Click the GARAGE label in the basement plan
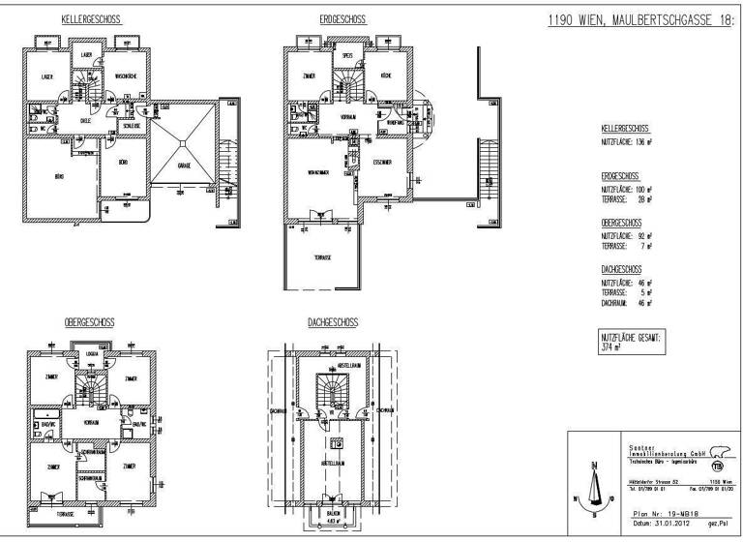point(184,166)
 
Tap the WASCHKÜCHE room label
point(129,75)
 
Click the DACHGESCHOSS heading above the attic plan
point(334,321)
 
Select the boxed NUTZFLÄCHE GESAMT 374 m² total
point(634,343)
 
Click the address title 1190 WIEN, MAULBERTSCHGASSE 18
point(635,21)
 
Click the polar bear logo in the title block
point(716,452)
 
